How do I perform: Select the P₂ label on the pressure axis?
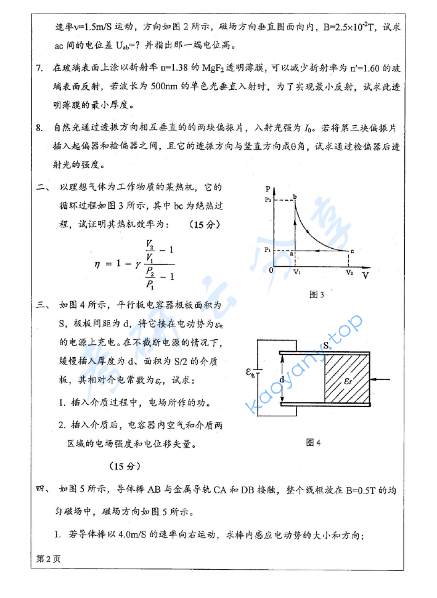[266, 200]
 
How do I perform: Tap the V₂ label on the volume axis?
[349, 272]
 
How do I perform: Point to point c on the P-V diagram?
[352, 251]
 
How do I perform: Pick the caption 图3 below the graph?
[317, 294]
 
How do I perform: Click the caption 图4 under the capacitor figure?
[314, 442]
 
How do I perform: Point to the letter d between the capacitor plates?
[282, 380]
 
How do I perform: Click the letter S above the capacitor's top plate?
[326, 345]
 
